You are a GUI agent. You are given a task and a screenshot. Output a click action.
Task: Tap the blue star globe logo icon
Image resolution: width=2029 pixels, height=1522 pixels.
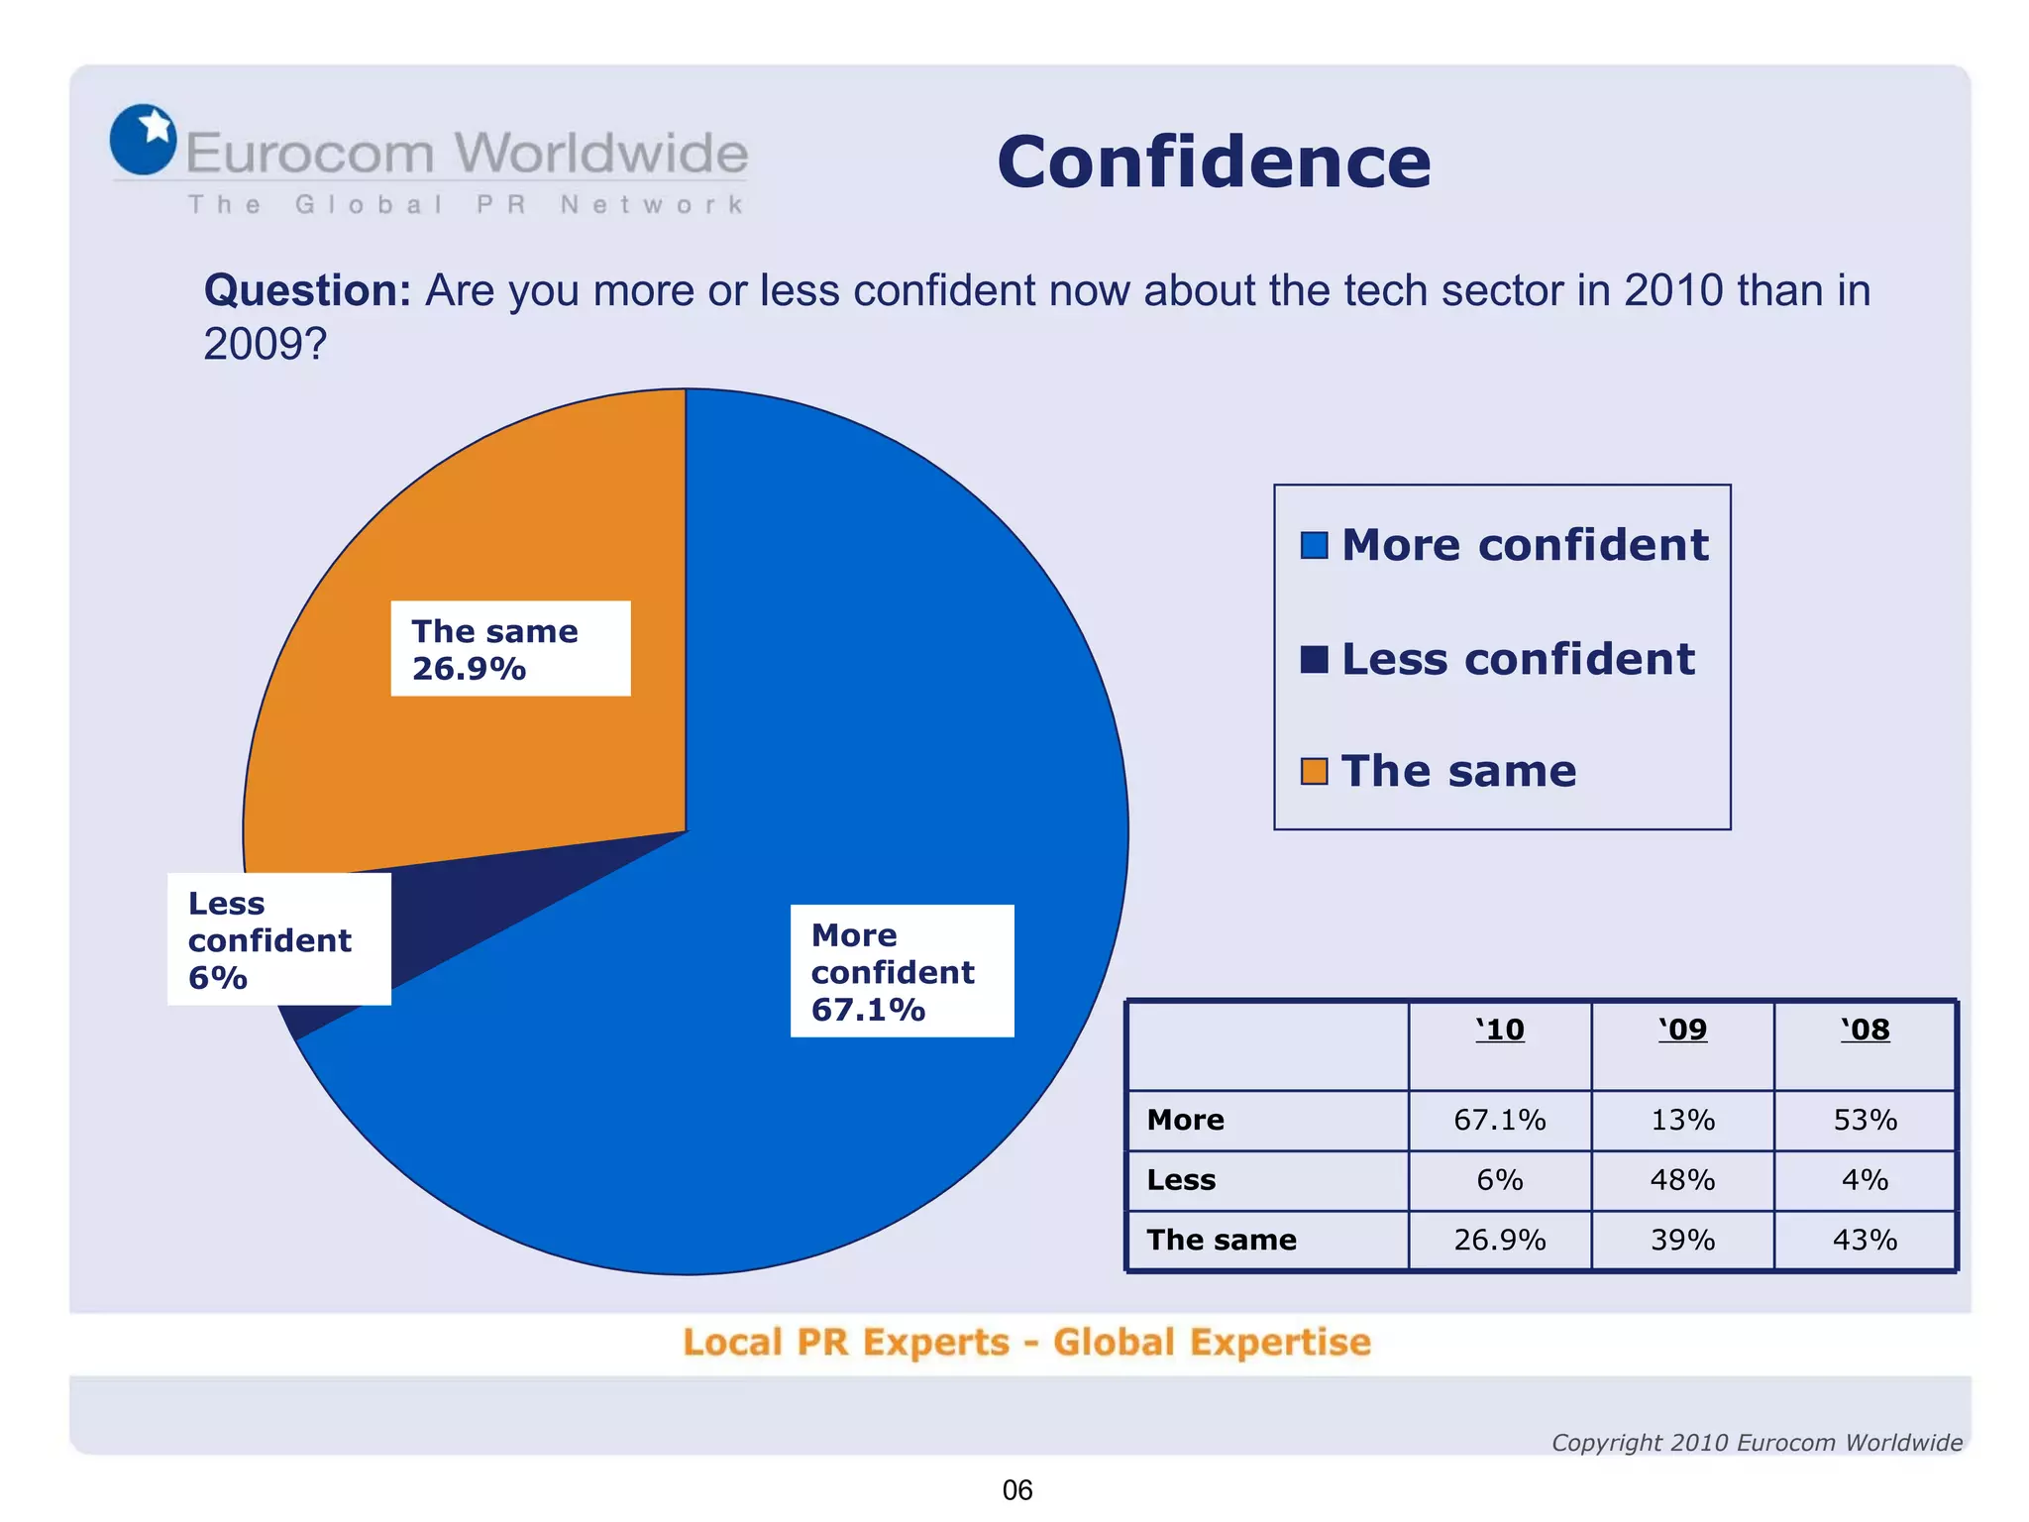143,139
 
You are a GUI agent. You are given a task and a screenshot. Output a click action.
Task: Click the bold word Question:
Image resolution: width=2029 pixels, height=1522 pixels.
307,291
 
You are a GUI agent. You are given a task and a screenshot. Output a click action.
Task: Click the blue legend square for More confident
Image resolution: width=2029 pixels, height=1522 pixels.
1314,546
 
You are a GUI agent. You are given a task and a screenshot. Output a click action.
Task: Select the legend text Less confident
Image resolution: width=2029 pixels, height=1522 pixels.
1518,659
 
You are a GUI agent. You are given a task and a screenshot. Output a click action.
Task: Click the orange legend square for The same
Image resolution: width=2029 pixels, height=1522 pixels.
1314,771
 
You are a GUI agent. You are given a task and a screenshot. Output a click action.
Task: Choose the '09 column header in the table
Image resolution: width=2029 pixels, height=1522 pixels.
1682,1031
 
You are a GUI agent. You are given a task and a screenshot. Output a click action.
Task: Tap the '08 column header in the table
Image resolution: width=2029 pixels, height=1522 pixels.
1865,1031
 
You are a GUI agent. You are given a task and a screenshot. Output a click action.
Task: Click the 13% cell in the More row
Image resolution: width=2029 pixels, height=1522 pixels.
1682,1120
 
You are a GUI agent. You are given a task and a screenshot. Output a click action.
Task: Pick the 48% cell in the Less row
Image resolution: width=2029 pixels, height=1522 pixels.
1682,1180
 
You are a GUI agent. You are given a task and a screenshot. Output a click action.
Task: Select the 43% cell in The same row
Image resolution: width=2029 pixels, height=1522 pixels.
1865,1240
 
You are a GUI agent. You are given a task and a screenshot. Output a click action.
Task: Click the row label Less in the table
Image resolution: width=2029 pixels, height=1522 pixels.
1181,1180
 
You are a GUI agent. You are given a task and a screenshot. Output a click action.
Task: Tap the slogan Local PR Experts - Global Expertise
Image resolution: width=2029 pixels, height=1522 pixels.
1026,1343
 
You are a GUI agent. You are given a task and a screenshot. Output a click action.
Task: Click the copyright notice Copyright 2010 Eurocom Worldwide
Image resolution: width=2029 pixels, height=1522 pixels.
1757,1443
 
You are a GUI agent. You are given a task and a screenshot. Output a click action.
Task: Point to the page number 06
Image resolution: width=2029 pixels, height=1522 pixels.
1017,1490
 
